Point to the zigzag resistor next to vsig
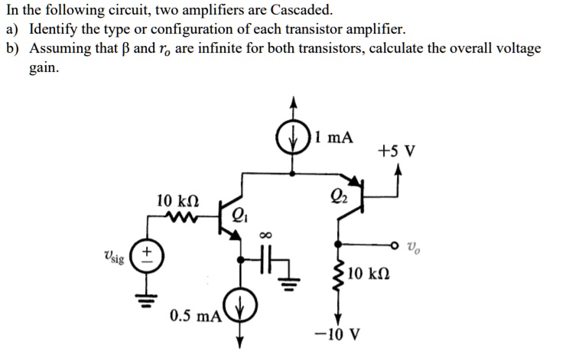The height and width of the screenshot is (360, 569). [184, 220]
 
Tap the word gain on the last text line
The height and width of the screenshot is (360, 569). [44, 67]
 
